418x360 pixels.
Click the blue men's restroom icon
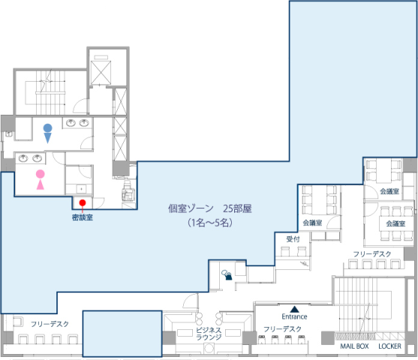[x=48, y=133]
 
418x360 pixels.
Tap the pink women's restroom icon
[x=41, y=179]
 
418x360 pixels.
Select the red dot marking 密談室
[x=83, y=202]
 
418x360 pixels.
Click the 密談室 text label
[x=83, y=217]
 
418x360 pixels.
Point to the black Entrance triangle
[x=294, y=309]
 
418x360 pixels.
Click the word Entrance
[x=294, y=316]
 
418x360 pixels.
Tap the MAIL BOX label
[x=354, y=346]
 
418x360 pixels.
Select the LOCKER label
[x=389, y=346]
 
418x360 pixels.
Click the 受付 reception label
[x=293, y=239]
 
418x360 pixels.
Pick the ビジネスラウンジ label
[x=209, y=334]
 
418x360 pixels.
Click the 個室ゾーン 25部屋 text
[x=210, y=208]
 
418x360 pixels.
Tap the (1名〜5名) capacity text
[x=210, y=223]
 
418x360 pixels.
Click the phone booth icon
[x=227, y=275]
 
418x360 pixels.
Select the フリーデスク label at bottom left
[x=50, y=324]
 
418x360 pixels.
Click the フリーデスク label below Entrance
[x=283, y=329]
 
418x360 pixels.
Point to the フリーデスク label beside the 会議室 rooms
[x=372, y=254]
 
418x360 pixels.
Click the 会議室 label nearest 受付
[x=312, y=223]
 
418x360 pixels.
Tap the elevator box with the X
[x=101, y=73]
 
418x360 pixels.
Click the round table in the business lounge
[x=209, y=348]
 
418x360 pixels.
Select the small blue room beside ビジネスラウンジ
[x=122, y=334]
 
